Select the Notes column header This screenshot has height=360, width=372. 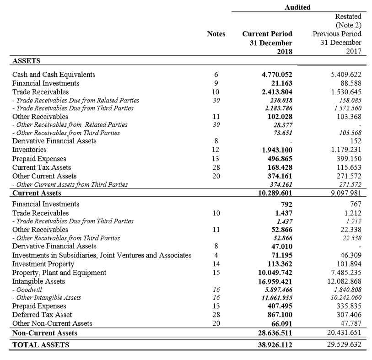point(216,34)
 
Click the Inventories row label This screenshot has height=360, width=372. point(29,150)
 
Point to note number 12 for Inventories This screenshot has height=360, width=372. point(216,150)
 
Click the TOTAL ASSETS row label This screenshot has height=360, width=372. point(41,345)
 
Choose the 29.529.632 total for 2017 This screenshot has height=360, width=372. point(343,344)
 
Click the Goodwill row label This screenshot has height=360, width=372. point(27,290)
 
